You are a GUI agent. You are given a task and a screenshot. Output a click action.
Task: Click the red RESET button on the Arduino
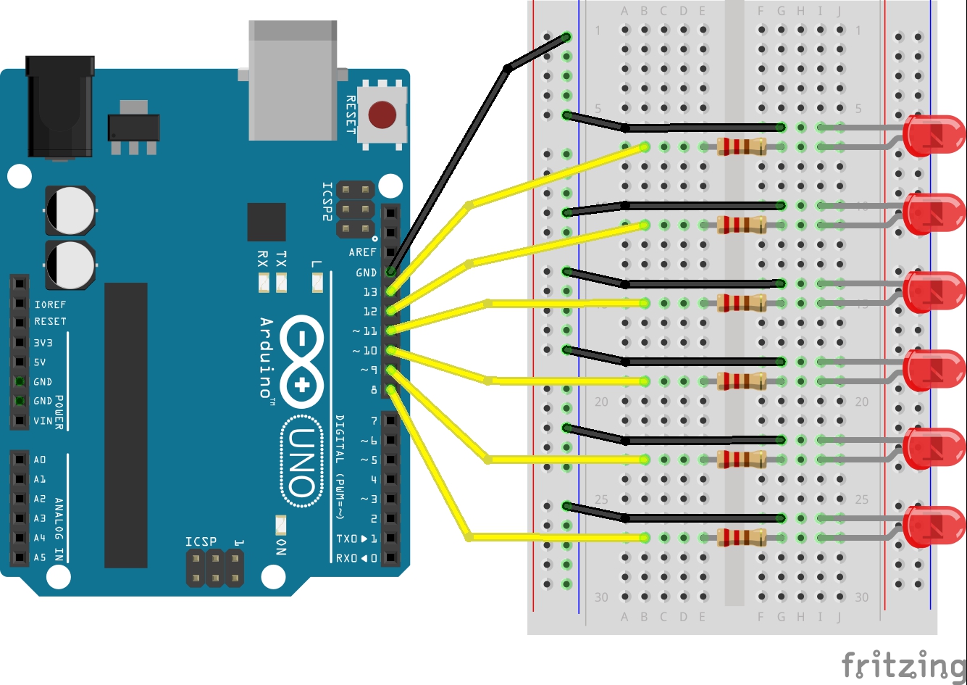click(382, 115)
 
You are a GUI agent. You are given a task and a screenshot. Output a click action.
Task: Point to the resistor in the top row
click(741, 147)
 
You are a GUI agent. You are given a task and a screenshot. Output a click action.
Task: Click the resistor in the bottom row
click(741, 538)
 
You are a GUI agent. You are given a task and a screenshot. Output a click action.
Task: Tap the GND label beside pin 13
click(366, 273)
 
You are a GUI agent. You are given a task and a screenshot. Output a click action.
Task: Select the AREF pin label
click(363, 253)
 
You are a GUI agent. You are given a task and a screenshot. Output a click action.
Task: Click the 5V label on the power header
click(40, 362)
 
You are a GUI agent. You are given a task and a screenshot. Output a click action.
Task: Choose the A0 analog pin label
click(40, 460)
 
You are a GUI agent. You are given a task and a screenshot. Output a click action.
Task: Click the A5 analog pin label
click(40, 557)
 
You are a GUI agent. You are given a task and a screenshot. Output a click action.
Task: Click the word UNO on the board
click(301, 461)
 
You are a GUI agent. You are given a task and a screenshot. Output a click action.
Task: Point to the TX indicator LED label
click(281, 259)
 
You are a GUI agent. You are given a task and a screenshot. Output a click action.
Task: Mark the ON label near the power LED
click(281, 547)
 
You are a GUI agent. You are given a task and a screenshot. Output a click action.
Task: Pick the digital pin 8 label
click(374, 390)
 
